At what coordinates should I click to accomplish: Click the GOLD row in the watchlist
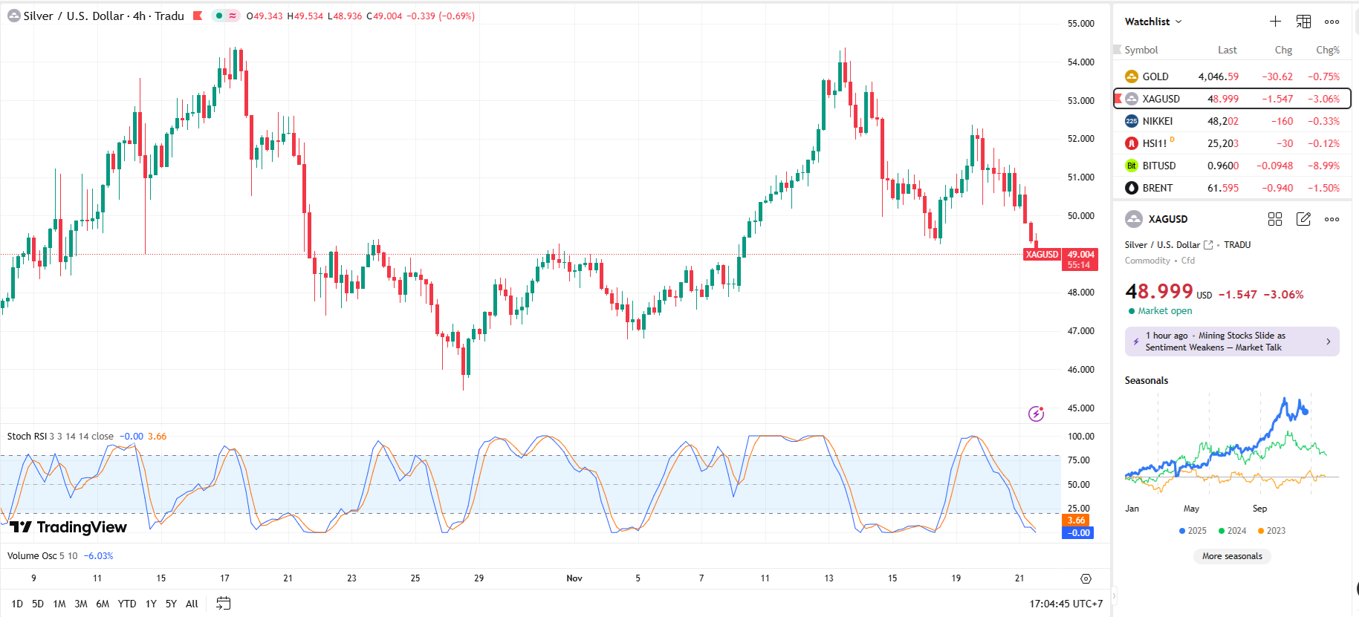[x=1155, y=76]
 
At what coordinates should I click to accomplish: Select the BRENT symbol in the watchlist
[x=1157, y=188]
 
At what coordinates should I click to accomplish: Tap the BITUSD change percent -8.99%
[x=1323, y=166]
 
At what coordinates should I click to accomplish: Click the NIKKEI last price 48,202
[x=1222, y=121]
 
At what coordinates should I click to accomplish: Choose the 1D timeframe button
[x=17, y=604]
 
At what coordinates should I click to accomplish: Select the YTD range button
[x=127, y=604]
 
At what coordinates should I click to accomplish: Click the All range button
[x=192, y=604]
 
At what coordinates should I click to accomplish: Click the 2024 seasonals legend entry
[x=1233, y=531]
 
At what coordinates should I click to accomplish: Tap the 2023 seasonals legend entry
[x=1272, y=531]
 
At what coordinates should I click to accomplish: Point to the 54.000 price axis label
[x=1080, y=62]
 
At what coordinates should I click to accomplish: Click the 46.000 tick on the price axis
[x=1080, y=370]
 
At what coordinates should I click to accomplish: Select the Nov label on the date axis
[x=574, y=578]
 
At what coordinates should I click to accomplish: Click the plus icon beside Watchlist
[x=1275, y=22]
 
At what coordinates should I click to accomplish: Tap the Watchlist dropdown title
[x=1152, y=22]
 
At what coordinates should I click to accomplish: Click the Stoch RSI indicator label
[x=27, y=437]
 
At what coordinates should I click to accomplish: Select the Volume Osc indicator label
[x=32, y=556]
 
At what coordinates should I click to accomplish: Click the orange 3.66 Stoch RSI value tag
[x=1077, y=520]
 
